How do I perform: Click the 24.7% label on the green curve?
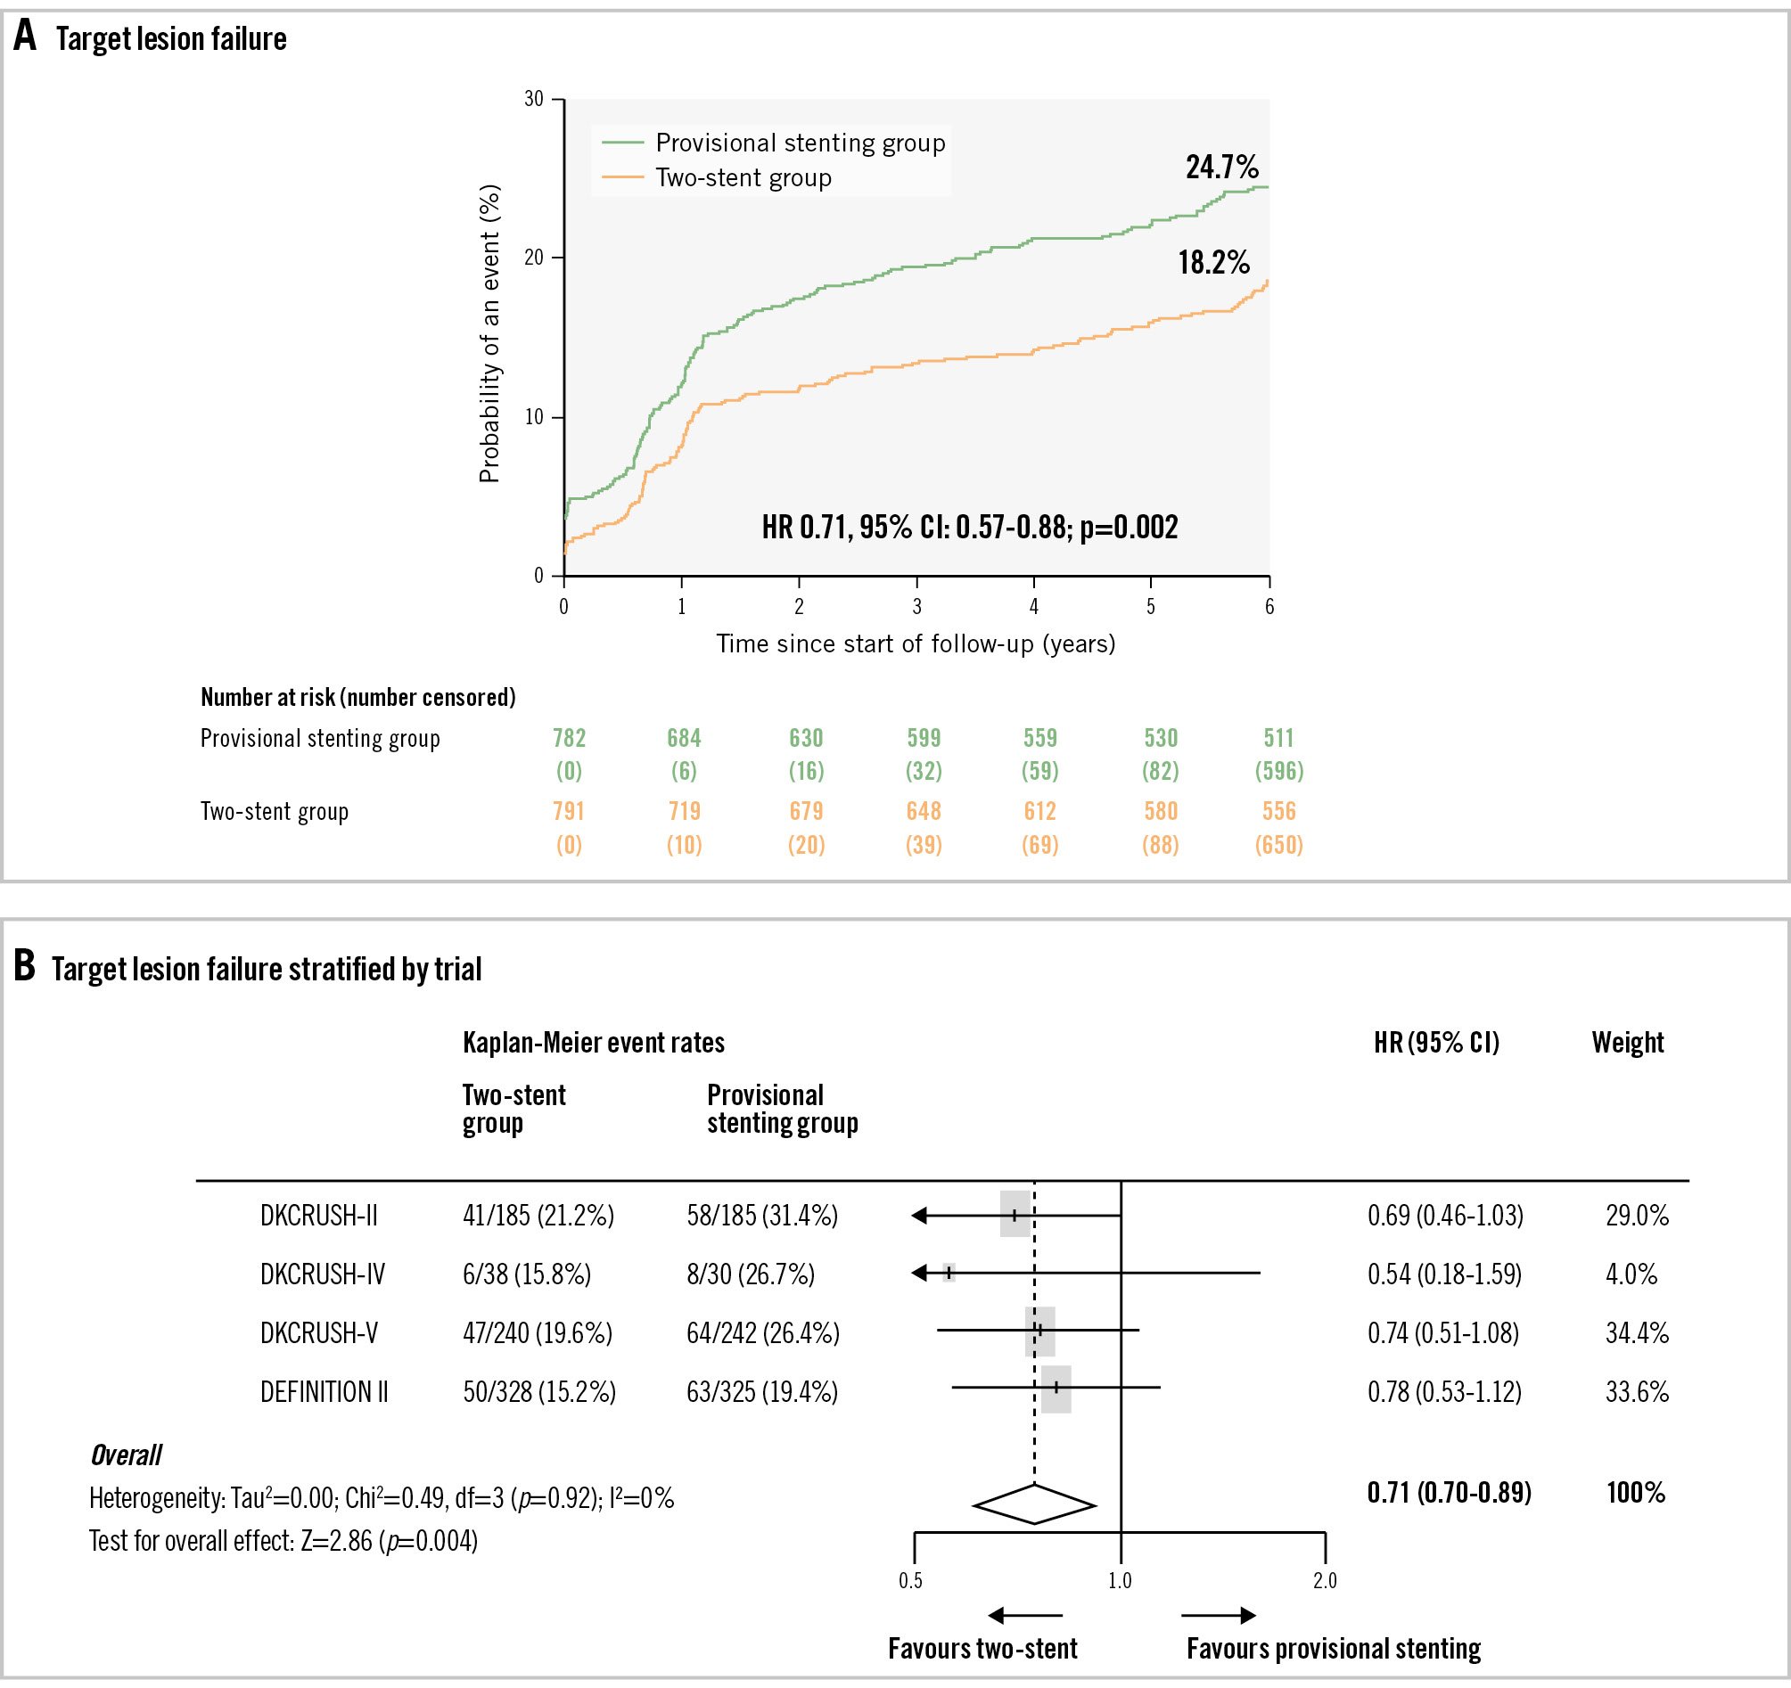pos(1221,168)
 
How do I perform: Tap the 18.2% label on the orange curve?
pos(1213,263)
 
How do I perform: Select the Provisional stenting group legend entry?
pos(800,143)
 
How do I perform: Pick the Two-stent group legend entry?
pos(744,178)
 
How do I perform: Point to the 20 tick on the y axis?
pos(534,258)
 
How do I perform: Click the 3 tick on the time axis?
pos(917,606)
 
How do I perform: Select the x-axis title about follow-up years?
pos(916,644)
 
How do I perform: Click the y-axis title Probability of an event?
pos(489,334)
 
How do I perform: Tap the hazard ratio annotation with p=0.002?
pos(969,527)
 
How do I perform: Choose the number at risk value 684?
pos(684,739)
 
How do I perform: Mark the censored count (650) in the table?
pos(1278,845)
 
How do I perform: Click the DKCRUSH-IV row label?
pos(323,1274)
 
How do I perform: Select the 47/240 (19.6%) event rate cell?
pos(538,1333)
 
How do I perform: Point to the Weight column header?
pos(1627,1043)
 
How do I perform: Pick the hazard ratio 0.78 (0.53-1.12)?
pos(1444,1392)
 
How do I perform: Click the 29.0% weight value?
pos(1637,1216)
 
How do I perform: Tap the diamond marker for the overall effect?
pos(1034,1504)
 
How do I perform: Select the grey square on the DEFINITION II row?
pos(1056,1389)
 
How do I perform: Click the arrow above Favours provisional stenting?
pos(1218,1615)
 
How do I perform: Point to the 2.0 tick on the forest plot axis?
pos(1325,1581)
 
